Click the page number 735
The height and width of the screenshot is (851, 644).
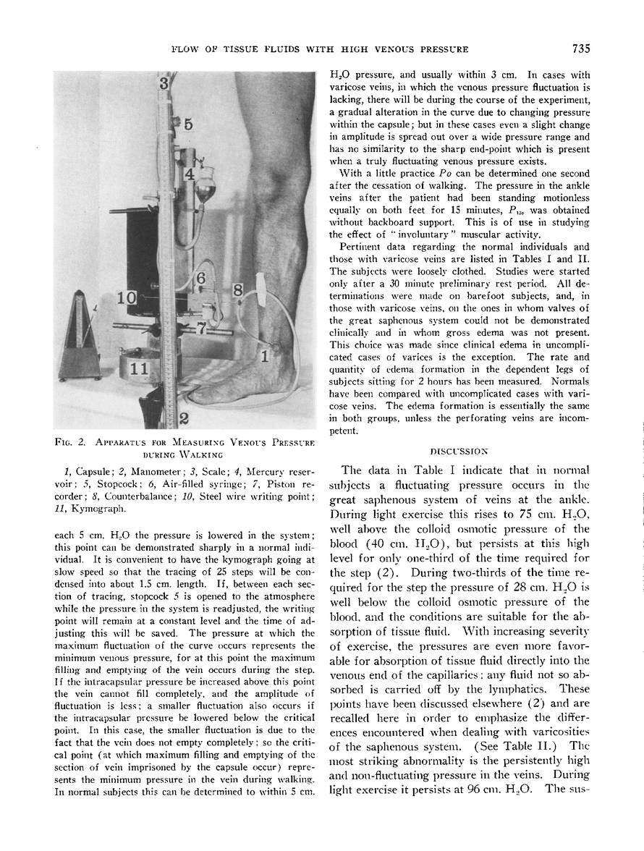580,49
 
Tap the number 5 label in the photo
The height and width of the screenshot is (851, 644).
187,124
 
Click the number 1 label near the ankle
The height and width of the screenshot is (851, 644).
265,355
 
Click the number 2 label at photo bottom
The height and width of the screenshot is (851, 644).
184,418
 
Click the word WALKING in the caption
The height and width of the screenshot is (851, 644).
195,454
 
